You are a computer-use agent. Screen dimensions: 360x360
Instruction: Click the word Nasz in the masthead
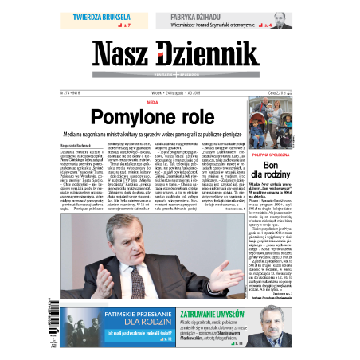127,55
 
